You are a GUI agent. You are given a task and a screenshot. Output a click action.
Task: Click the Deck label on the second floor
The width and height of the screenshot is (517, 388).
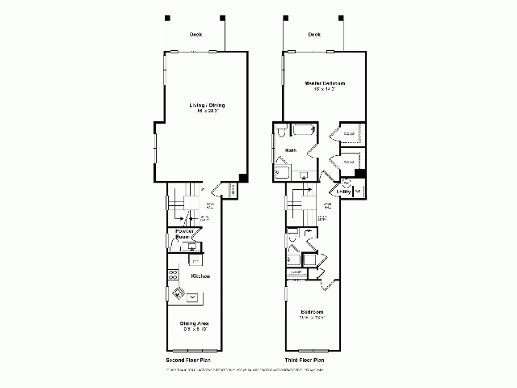195,35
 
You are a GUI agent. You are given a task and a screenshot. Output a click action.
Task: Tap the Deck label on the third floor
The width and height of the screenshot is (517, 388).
314,35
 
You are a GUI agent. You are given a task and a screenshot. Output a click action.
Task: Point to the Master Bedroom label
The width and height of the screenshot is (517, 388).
325,83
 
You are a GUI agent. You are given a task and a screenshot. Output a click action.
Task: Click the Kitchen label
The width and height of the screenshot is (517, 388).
200,276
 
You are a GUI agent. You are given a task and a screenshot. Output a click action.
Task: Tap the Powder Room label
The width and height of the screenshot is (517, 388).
183,235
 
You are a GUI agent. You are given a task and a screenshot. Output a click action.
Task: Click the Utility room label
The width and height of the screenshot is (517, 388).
343,192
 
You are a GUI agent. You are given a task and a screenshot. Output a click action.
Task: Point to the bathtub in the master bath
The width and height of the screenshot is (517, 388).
304,130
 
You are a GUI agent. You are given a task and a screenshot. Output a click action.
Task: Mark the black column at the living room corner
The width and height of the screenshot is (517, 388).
243,179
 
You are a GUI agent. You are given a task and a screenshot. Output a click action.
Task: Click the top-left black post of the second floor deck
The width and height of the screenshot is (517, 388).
167,17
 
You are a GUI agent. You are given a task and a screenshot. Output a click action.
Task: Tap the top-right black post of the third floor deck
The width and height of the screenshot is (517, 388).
340,17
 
